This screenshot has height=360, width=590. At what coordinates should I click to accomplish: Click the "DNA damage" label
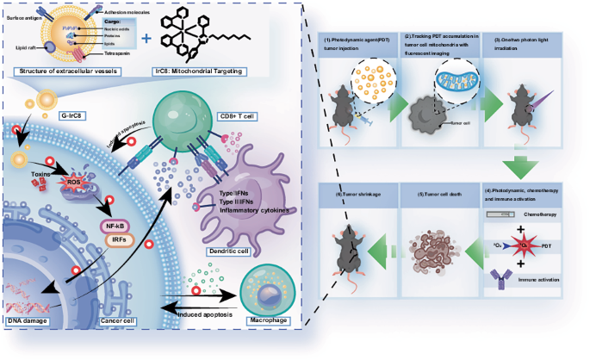(x=30, y=320)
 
